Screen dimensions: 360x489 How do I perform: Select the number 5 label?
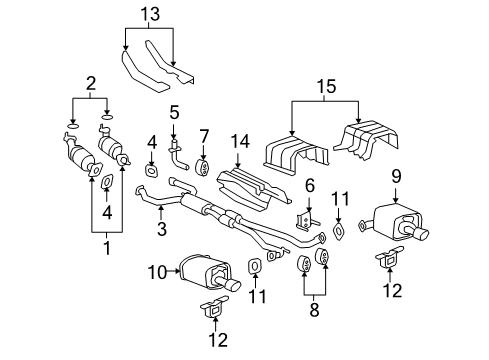pyautogui.click(x=173, y=113)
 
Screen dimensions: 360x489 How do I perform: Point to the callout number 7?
pyautogui.click(x=203, y=134)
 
